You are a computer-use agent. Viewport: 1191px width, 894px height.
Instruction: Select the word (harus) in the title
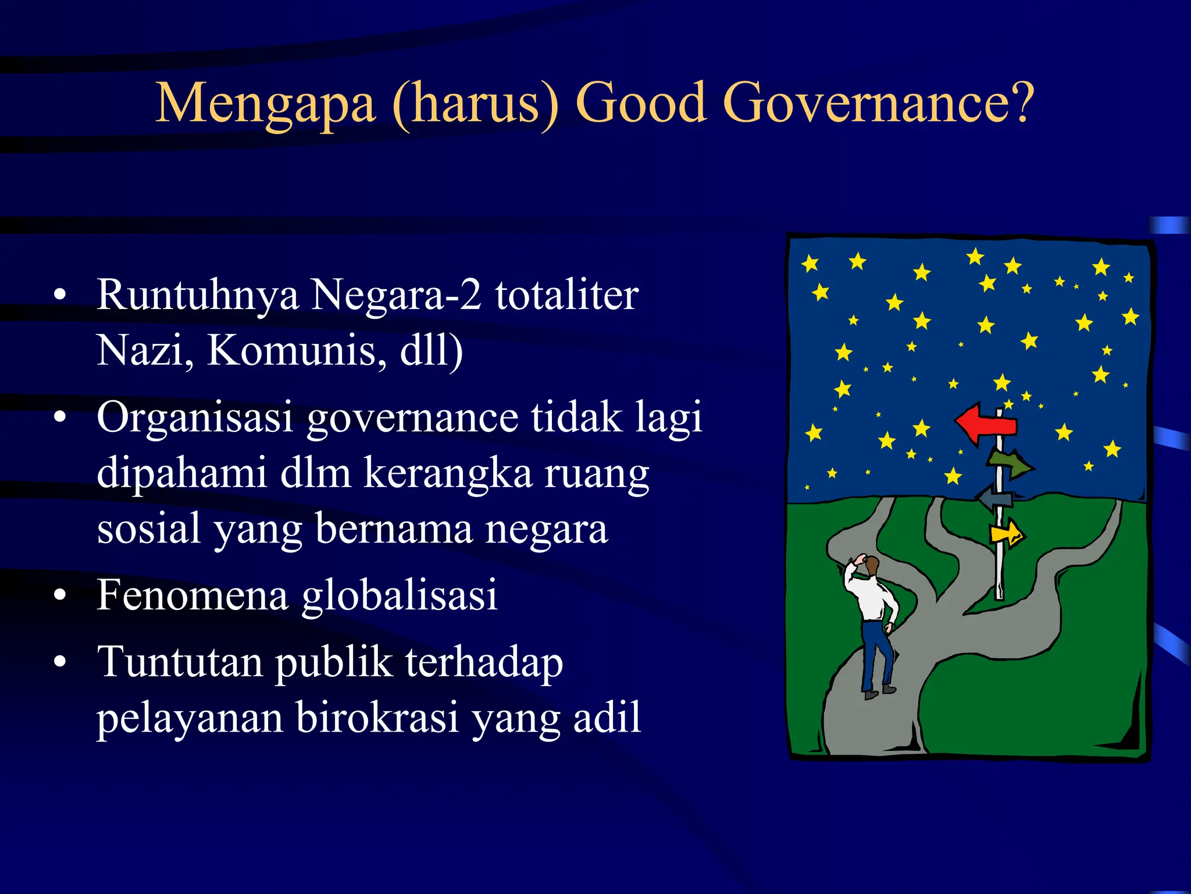[475, 105]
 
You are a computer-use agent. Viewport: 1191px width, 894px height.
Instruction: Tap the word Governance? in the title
[878, 104]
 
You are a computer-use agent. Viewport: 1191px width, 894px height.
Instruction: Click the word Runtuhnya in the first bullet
[198, 296]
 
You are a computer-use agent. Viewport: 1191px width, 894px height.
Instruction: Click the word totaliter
[567, 295]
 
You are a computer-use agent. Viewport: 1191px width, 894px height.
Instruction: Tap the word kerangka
[448, 473]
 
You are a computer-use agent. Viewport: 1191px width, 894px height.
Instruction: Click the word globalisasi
[400, 595]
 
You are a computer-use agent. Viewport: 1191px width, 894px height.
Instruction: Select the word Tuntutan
[180, 662]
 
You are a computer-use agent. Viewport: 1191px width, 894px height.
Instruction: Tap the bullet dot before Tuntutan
[59, 662]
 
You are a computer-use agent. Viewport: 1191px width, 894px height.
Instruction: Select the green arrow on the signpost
[1011, 464]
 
